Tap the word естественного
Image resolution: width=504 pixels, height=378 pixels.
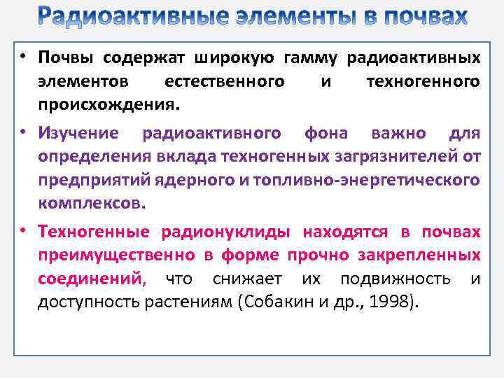[224, 81]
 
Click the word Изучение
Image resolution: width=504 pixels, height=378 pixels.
[78, 132]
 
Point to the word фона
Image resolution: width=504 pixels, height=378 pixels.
[327, 132]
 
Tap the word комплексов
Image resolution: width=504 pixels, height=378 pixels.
[92, 204]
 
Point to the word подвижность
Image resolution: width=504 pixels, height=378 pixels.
[395, 279]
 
